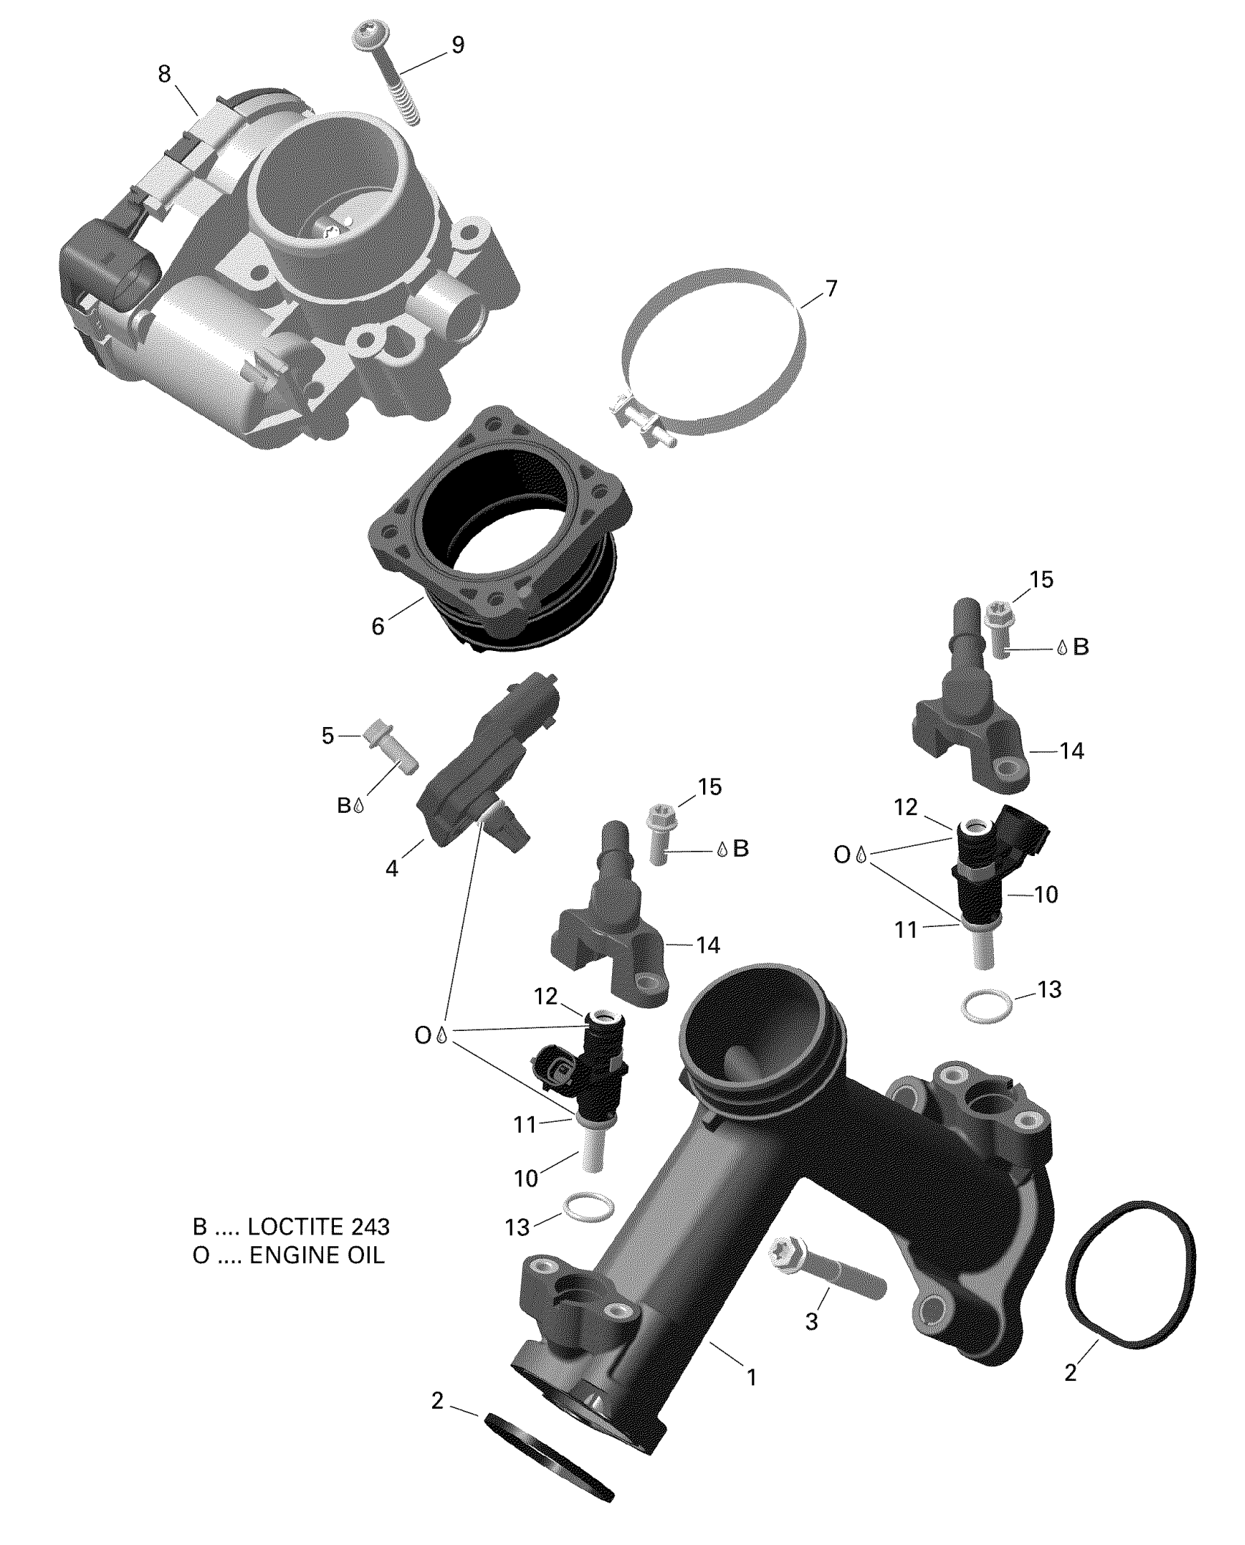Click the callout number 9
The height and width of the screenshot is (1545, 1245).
point(457,45)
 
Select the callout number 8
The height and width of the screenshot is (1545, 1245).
point(164,74)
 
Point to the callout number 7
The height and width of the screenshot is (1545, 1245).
point(830,288)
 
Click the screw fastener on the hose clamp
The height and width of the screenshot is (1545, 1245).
point(642,425)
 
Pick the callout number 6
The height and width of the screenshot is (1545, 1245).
point(378,627)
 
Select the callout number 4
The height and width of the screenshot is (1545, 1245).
point(393,869)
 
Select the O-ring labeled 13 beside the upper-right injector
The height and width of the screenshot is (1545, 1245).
point(988,1008)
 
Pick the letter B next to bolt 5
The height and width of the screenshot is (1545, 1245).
point(343,806)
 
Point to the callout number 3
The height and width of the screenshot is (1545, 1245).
point(811,1322)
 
